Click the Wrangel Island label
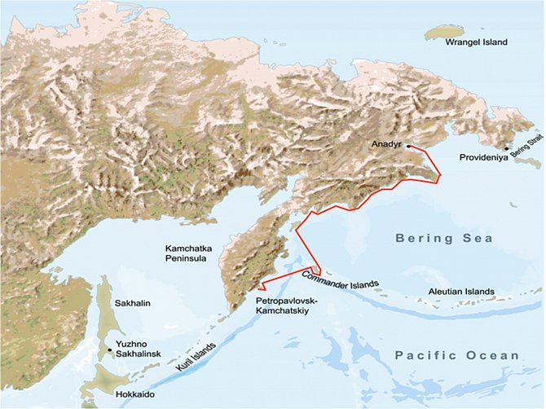coord(474,42)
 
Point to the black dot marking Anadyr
coord(408,146)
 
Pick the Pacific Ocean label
coord(456,355)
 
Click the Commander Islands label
coord(340,279)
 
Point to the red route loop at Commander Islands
coord(315,269)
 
